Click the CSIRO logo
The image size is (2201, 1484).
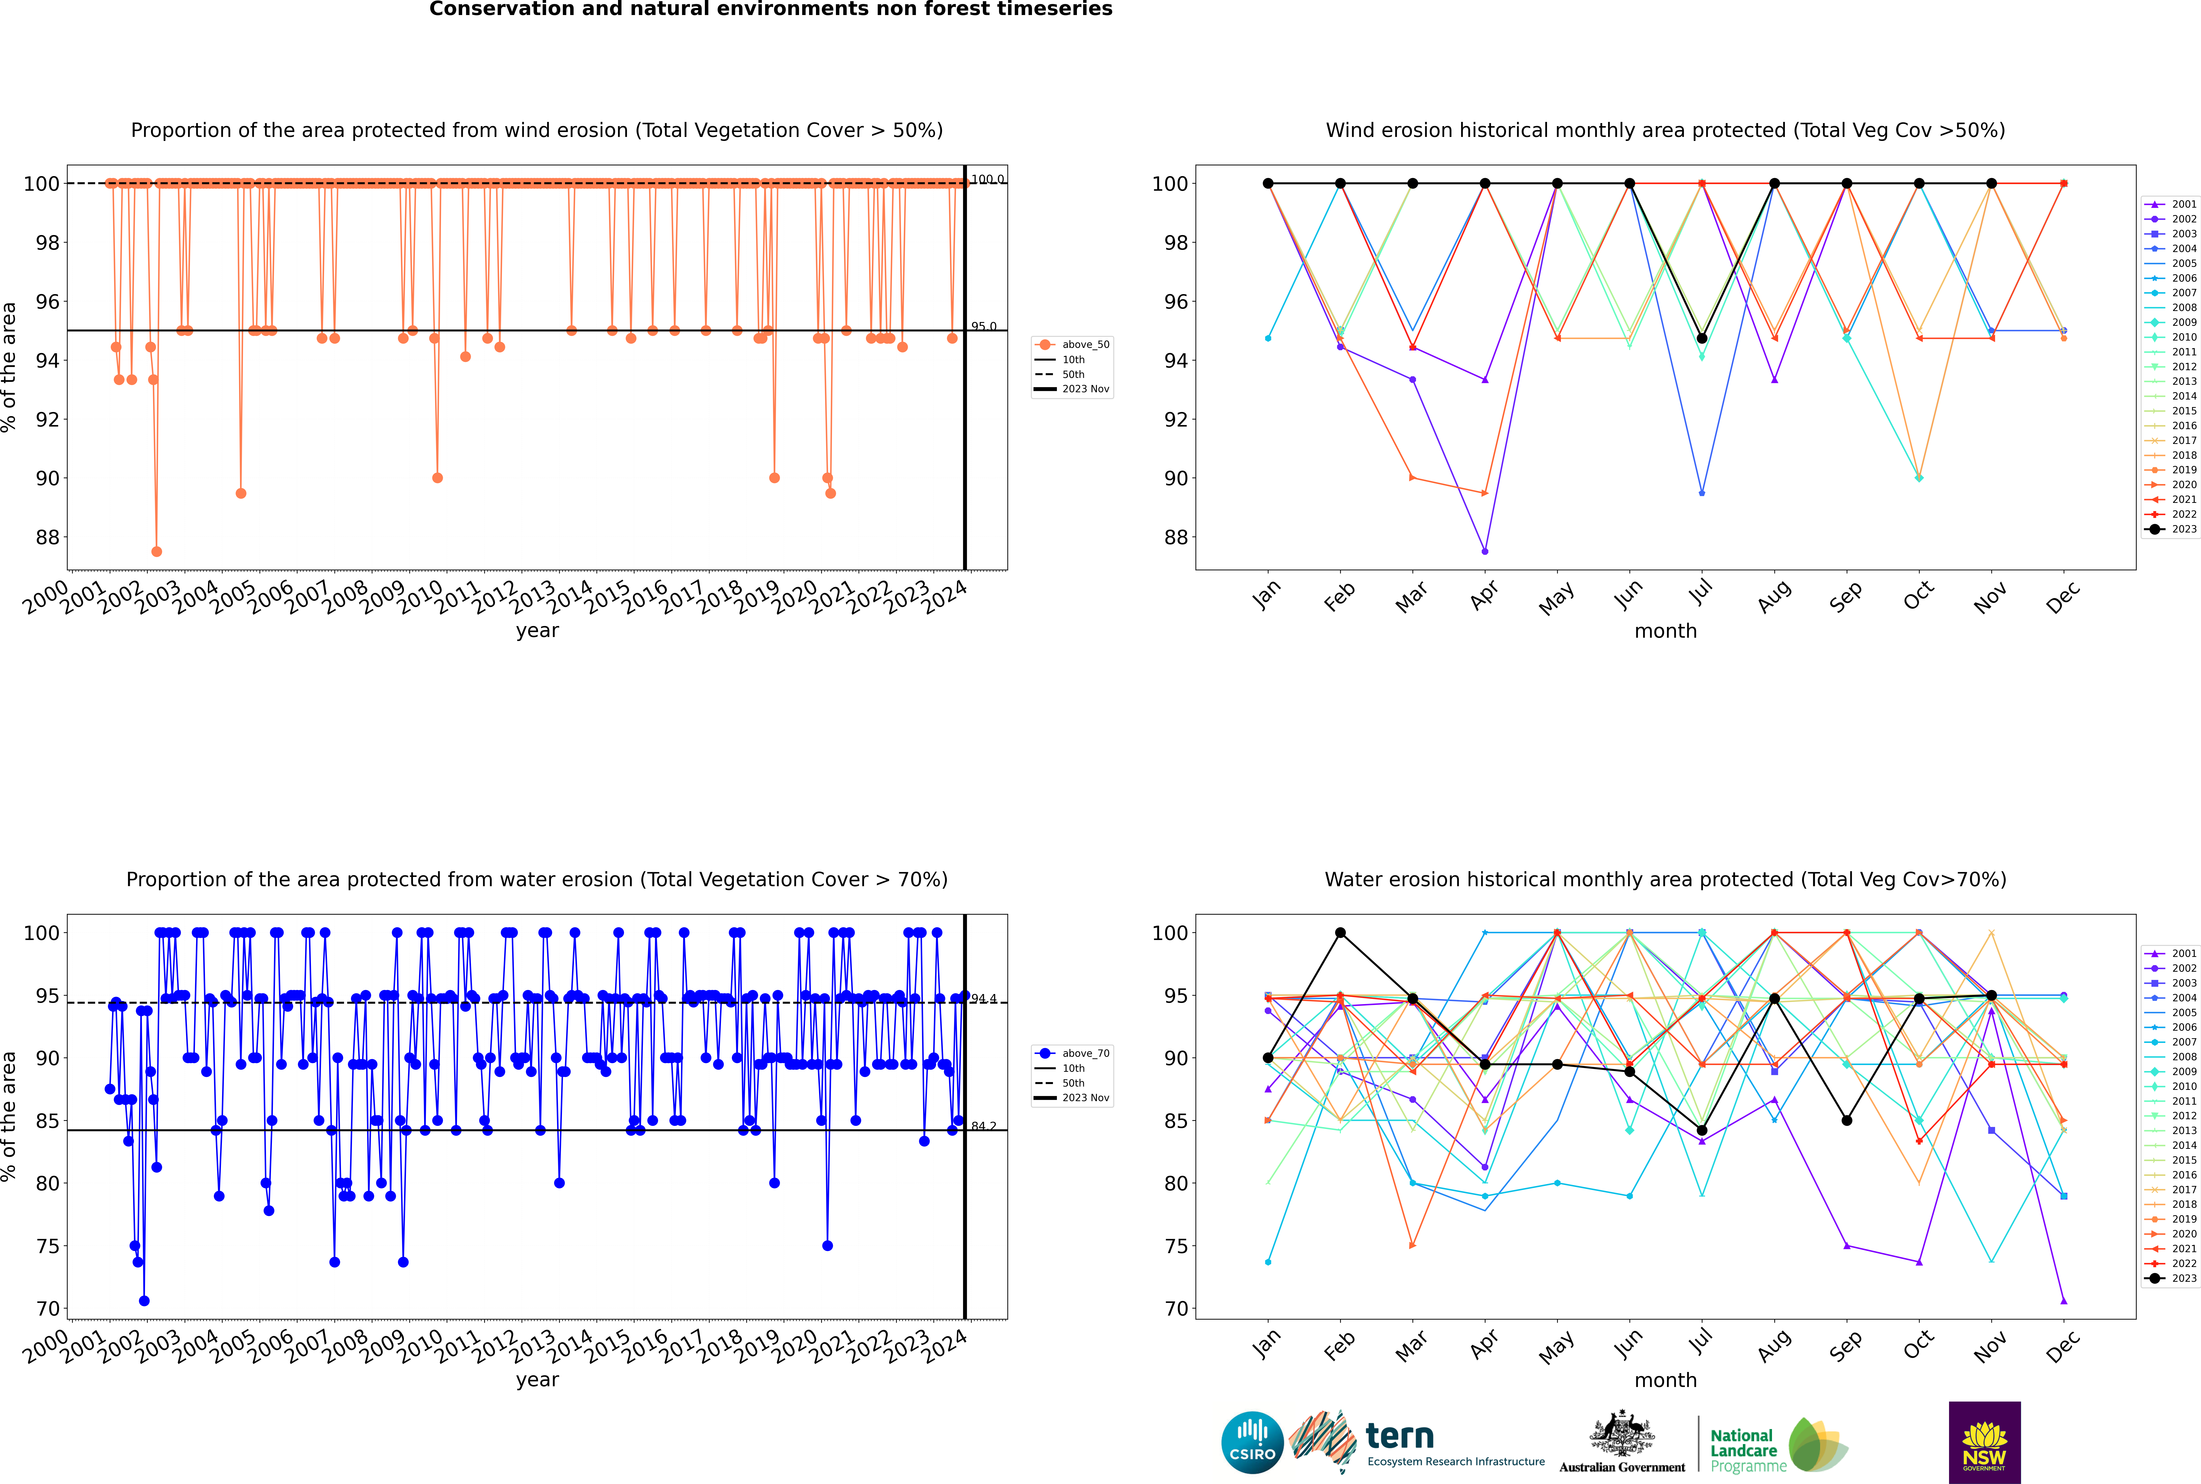coord(1252,1442)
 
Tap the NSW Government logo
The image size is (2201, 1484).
coord(1984,1441)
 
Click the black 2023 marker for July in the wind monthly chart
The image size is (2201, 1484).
coord(1701,338)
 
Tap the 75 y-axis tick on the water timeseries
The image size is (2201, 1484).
coord(47,1247)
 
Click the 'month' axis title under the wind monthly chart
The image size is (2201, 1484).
coord(1665,631)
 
